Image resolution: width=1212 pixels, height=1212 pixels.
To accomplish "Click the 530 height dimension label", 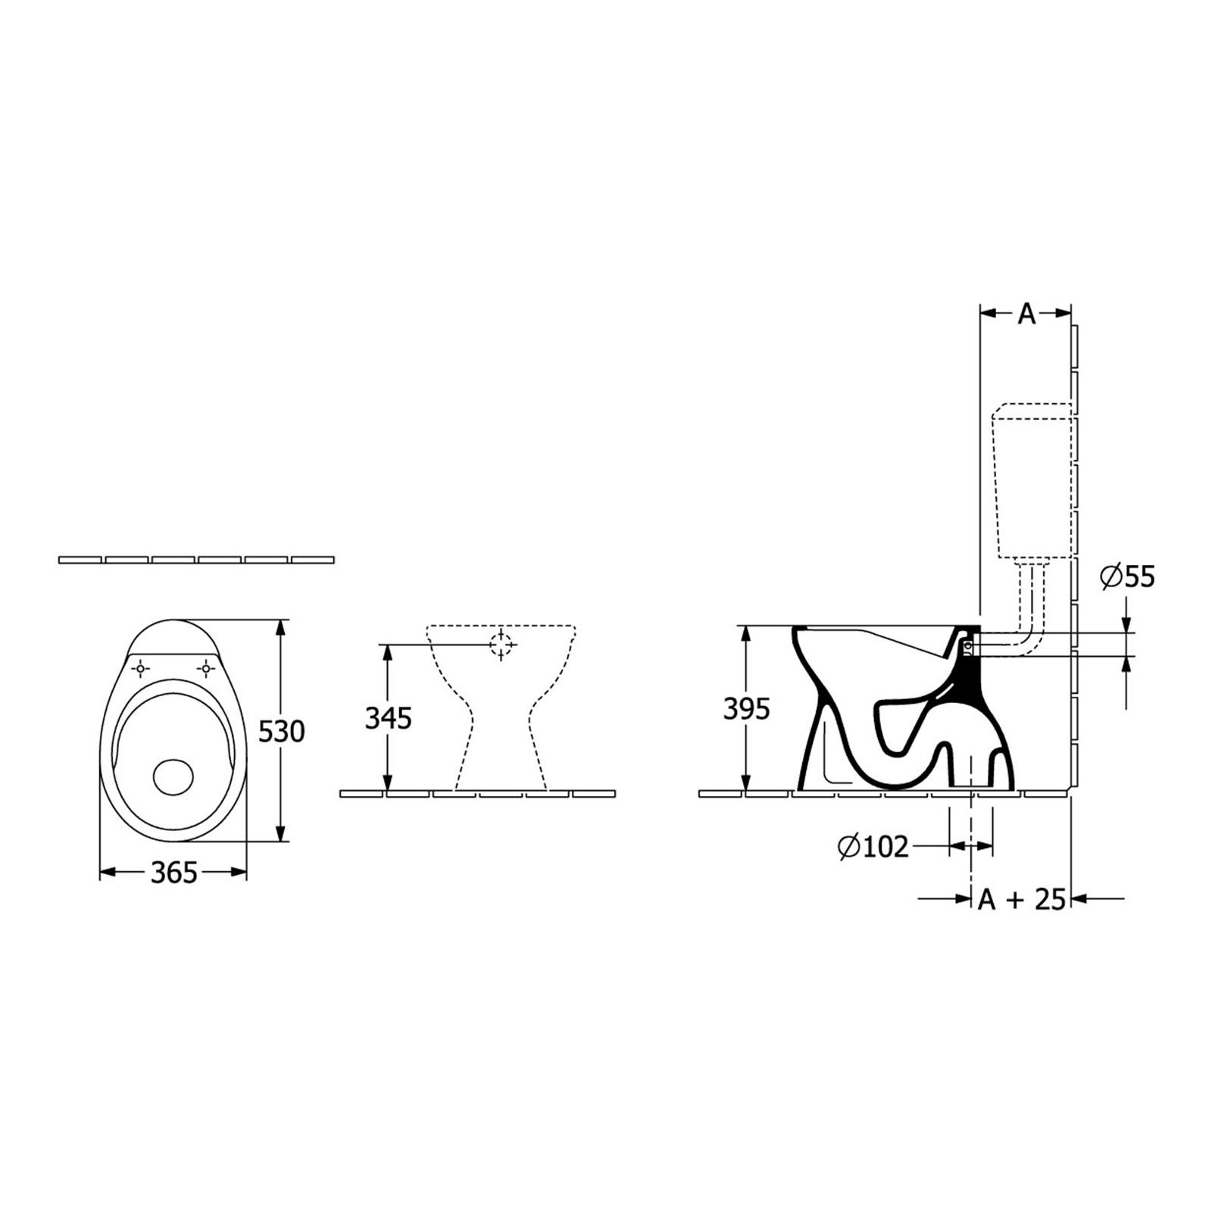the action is point(282,731).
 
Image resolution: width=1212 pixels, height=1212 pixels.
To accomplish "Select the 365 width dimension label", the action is point(173,873).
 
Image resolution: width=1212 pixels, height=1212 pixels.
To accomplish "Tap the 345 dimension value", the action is point(388,717).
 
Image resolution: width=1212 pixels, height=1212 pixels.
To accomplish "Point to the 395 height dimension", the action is point(746,709).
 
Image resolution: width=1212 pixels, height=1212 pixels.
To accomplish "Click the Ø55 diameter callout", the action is point(1128,577).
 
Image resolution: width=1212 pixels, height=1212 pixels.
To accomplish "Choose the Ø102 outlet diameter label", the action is point(873,846).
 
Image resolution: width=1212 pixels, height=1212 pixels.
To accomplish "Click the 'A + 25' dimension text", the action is point(1022,899).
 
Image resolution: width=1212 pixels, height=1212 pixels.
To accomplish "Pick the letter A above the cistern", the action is point(1026,314).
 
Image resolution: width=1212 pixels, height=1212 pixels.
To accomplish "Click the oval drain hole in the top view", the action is point(173,776).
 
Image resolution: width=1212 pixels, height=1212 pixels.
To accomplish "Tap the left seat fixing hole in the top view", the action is point(141,669).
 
